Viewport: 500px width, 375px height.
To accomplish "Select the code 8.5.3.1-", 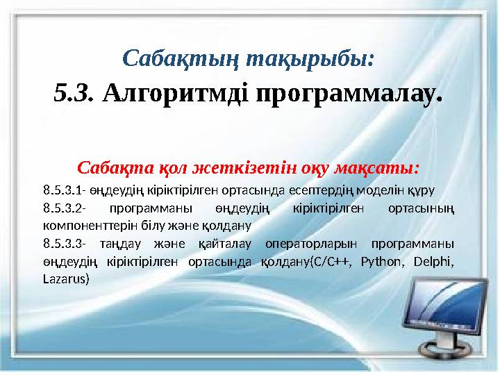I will (x=64, y=190).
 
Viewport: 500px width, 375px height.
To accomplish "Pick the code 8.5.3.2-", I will (x=64, y=208).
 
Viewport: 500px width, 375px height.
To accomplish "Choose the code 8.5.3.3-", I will (x=64, y=244).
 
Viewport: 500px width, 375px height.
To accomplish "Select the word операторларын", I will (x=312, y=244).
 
